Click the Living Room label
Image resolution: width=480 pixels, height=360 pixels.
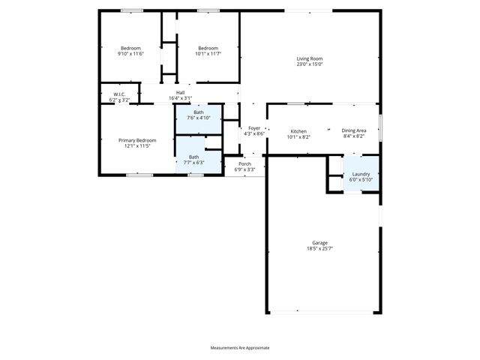[309, 58]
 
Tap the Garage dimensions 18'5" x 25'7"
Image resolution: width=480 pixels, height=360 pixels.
[319, 248]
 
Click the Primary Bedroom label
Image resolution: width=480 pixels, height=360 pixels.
[136, 140]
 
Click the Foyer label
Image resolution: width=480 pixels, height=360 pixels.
[254, 128]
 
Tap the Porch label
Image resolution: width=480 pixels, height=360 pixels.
[244, 163]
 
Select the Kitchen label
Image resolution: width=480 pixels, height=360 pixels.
[298, 131]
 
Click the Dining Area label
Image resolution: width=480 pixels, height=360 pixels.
[354, 131]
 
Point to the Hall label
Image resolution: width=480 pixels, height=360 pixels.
[180, 92]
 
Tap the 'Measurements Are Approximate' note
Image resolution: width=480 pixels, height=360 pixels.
[240, 348]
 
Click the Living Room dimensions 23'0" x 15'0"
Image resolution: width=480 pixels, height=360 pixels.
[309, 64]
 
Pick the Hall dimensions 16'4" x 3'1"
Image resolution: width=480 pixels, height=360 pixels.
[180, 98]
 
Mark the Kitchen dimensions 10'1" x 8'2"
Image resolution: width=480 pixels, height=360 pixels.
[298, 137]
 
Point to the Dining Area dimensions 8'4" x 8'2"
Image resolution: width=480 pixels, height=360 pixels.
[354, 137]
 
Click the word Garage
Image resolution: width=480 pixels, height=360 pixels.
[319, 242]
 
